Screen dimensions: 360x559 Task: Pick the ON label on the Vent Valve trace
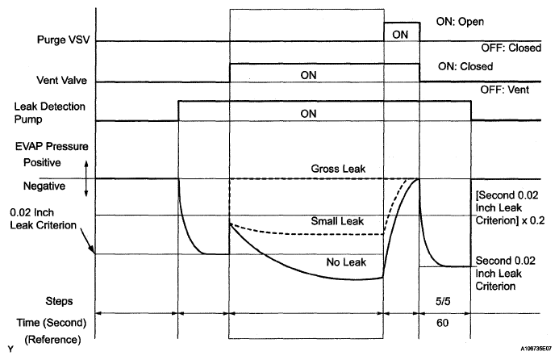[x=308, y=74]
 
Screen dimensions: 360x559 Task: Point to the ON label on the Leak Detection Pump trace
[x=308, y=114]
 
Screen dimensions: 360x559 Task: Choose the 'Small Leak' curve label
[x=337, y=220]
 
